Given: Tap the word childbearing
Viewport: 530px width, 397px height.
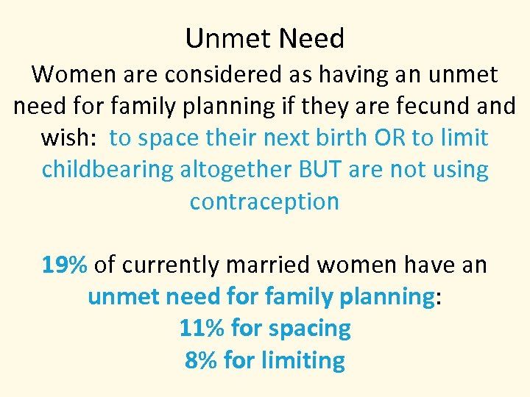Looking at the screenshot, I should click(x=107, y=169).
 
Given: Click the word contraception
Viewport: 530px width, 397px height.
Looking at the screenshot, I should click(x=264, y=201).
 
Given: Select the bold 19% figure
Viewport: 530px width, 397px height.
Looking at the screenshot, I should click(x=65, y=265).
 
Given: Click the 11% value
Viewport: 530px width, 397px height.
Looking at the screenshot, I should click(x=202, y=328).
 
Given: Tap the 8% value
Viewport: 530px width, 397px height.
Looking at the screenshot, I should click(x=201, y=360).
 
